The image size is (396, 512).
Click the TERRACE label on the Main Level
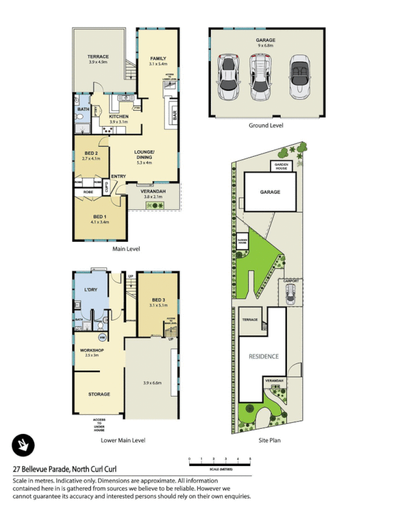coord(98,57)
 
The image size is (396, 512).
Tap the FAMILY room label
coord(158,58)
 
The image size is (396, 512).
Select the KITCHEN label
coord(119,116)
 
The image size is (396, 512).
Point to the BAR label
coord(172,115)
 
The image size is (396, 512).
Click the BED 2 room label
coord(91,154)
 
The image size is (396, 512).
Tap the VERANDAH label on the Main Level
coord(154,191)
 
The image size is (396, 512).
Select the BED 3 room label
coord(159,300)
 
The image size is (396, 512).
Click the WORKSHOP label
coord(92,350)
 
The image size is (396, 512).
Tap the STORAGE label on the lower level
coord(99,394)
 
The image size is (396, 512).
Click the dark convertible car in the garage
coord(299,78)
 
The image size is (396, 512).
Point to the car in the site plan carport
coord(290,294)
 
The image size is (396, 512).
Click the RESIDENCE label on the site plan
coord(263,356)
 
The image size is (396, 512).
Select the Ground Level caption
coord(266,125)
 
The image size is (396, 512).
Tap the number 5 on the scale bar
coord(250,459)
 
